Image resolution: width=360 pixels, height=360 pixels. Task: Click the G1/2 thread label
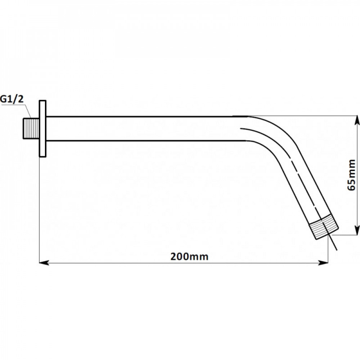click(12, 99)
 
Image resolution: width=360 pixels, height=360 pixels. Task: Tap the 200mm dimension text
click(189, 256)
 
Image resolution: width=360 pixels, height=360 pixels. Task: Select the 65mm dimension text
click(351, 175)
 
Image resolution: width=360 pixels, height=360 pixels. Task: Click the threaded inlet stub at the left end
click(31, 129)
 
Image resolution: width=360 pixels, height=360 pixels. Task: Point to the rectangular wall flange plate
click(43, 129)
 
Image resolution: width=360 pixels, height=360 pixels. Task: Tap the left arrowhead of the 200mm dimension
click(44, 263)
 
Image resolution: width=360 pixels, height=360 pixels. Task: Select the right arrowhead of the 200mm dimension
click(323, 263)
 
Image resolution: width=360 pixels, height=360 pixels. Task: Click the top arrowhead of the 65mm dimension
click(357, 120)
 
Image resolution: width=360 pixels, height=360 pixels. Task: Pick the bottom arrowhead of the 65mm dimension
click(357, 230)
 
